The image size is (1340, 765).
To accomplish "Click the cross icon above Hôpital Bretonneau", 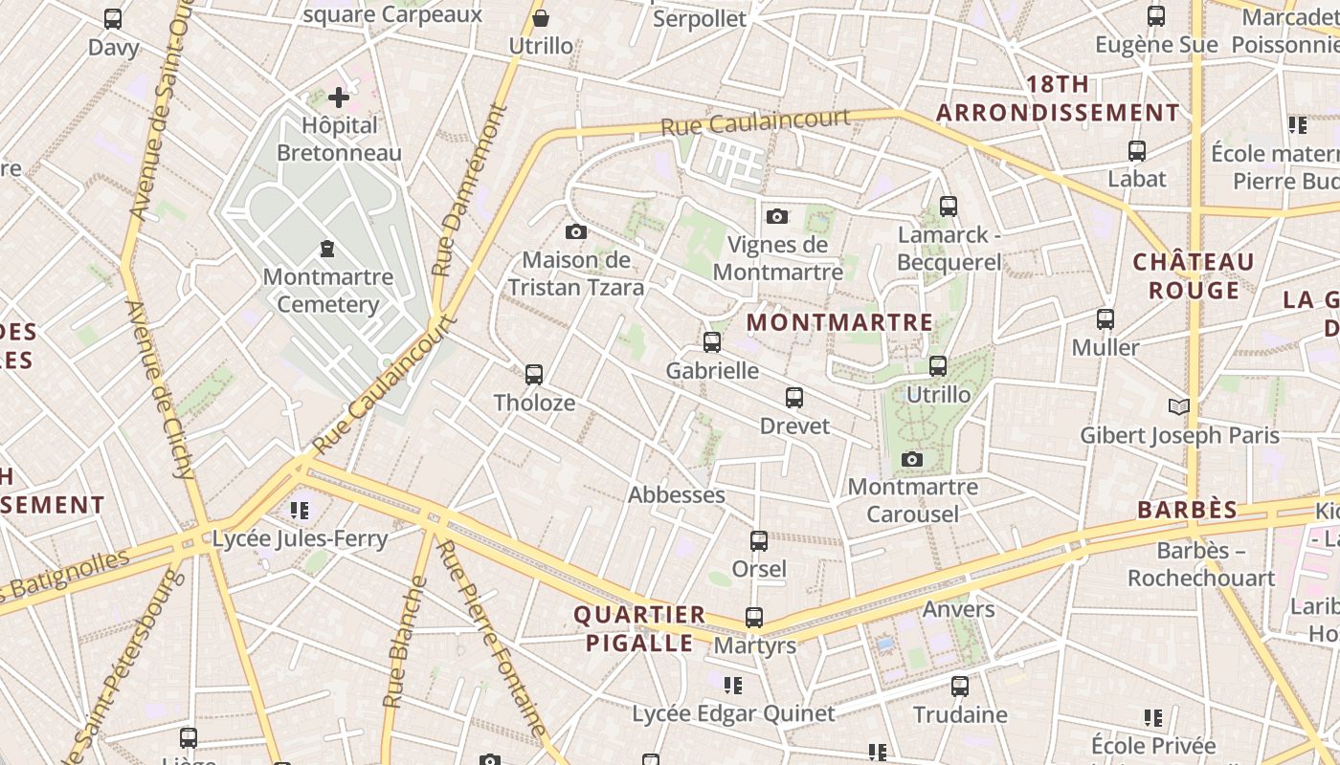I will click(x=339, y=98).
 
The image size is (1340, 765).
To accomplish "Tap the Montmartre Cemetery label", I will click(x=327, y=291).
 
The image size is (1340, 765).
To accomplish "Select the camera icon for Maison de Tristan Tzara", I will click(x=575, y=231).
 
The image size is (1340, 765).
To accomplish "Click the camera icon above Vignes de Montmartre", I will click(x=777, y=216).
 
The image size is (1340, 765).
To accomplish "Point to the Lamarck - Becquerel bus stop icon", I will click(x=948, y=206).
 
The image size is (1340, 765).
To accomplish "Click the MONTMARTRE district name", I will click(x=839, y=322).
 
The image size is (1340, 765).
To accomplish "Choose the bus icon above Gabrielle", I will click(x=712, y=341).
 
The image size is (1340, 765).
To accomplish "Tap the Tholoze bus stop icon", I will click(x=534, y=374).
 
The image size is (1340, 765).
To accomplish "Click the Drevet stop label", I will click(x=794, y=426).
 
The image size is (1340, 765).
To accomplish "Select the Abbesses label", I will click(x=676, y=494).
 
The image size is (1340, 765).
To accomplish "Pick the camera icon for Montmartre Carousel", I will click(x=912, y=459).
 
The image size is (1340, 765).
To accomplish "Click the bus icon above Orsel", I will click(x=759, y=541).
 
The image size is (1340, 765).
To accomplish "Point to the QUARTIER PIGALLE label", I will click(x=639, y=628).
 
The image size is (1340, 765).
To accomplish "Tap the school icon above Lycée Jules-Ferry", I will click(x=300, y=510).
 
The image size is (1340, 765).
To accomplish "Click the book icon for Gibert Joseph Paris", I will click(x=1179, y=407).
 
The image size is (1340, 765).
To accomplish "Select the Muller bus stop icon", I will click(x=1105, y=318).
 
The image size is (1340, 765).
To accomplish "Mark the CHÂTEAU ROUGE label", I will click(x=1193, y=275).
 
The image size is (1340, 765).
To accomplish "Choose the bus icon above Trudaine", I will click(x=960, y=686).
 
